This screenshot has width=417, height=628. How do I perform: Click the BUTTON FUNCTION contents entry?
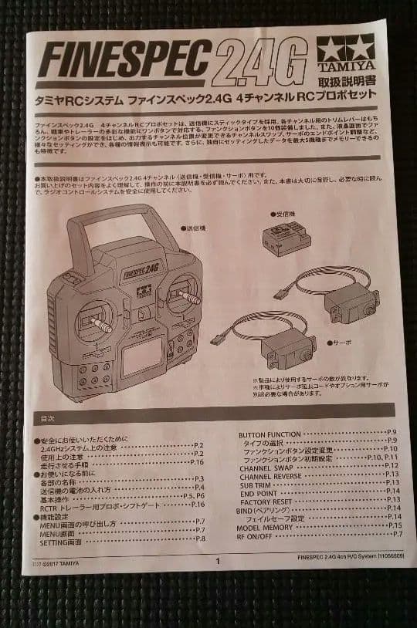270,434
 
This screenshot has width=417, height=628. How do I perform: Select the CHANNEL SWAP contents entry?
266,465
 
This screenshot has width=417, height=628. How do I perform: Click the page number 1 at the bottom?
218,561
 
